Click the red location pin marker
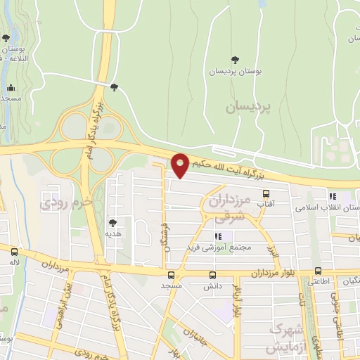click(181, 165)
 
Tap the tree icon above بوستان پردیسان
click(235, 60)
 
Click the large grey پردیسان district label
click(247, 108)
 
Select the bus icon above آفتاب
click(265, 193)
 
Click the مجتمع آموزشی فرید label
click(209, 247)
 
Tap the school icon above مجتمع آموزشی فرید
click(218, 236)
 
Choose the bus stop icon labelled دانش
click(212, 275)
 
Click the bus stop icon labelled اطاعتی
click(319, 271)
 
